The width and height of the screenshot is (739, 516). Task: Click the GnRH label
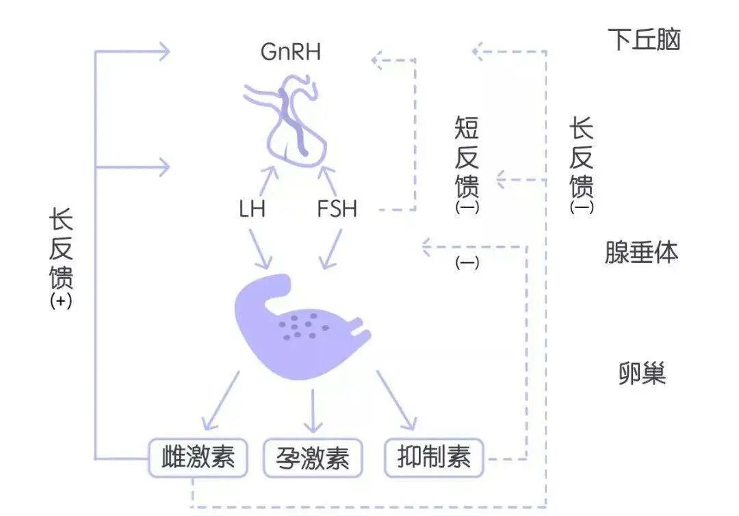(291, 52)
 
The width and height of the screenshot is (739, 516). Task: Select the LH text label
(252, 209)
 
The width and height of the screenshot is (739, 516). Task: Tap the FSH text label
(337, 209)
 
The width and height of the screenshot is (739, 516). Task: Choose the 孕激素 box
(313, 457)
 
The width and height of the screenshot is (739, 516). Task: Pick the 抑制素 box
(434, 457)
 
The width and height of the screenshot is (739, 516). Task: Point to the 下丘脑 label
(643, 40)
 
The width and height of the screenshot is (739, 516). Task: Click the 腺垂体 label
(641, 252)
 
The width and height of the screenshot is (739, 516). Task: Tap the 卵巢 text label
(642, 374)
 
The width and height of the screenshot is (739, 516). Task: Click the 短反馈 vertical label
(467, 157)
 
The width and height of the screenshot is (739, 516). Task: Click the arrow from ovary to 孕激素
(313, 411)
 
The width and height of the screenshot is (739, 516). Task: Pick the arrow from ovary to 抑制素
(397, 400)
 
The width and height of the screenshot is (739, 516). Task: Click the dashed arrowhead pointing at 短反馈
(504, 181)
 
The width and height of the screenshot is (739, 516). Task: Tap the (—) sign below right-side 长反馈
(582, 207)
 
